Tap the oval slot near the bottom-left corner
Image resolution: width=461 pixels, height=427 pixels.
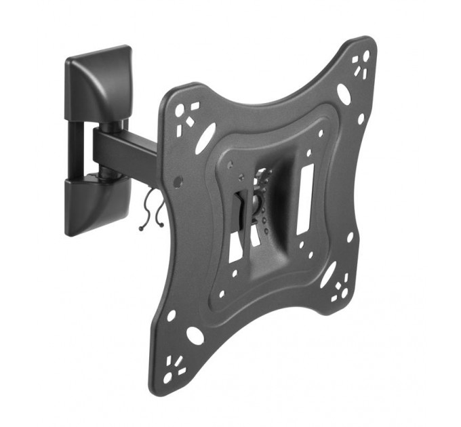[x=195, y=335]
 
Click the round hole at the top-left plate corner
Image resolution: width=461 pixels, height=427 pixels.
[x=179, y=108]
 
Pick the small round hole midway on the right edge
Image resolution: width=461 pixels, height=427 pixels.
[x=350, y=238]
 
